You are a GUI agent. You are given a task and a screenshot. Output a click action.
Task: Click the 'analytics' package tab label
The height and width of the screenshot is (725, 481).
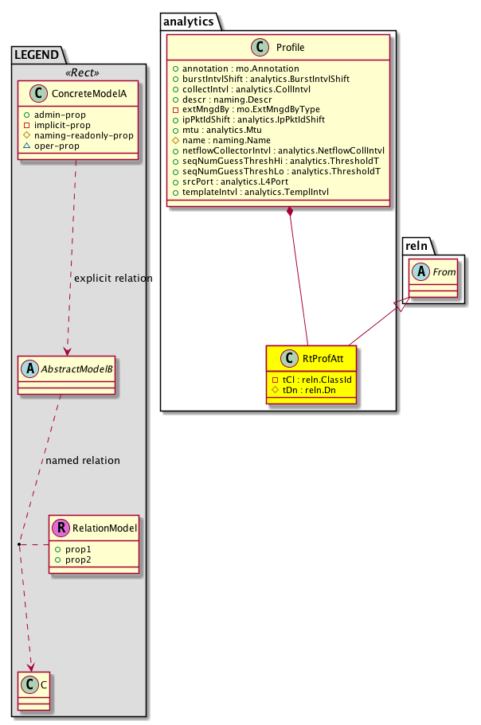tap(188, 22)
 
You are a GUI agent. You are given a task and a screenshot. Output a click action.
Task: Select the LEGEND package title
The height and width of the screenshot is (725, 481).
tap(38, 55)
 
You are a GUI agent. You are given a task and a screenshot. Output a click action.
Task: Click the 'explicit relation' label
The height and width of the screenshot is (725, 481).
tap(112, 279)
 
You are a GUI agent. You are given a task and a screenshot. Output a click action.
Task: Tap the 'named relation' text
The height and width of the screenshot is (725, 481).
tap(83, 460)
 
